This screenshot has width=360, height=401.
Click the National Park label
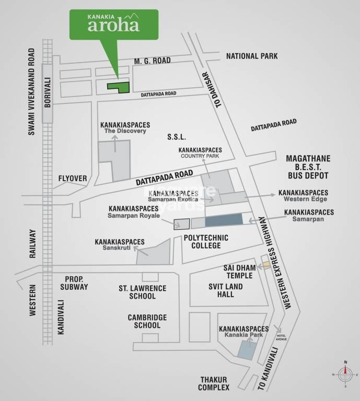[x=251, y=56]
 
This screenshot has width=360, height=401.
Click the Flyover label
[x=73, y=179]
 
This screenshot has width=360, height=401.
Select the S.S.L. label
[x=176, y=137]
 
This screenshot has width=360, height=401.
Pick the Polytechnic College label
[x=205, y=241]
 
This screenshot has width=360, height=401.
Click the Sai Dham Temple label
[x=239, y=272]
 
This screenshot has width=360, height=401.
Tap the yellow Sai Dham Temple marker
[x=266, y=265]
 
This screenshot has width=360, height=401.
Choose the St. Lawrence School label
[x=142, y=292]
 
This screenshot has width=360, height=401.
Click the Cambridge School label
[x=147, y=321]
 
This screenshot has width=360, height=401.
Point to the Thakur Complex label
[x=213, y=383]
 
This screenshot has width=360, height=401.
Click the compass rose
[x=345, y=374]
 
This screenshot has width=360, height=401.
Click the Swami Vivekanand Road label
[x=32, y=92]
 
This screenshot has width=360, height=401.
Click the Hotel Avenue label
[x=283, y=337]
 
